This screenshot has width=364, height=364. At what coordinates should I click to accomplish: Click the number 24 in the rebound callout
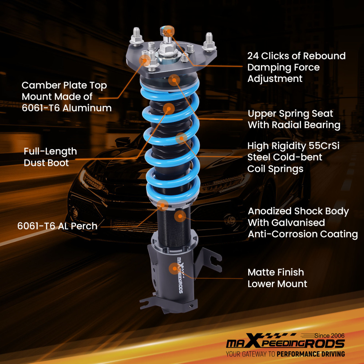[x=254, y=56]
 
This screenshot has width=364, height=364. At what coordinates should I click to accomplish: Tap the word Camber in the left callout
[x=38, y=86]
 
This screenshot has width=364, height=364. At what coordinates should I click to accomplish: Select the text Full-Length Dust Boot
[x=50, y=157]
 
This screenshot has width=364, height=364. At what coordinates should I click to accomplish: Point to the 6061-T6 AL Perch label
[x=57, y=226]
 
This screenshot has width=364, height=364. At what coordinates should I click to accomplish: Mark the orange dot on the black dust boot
[x=169, y=108]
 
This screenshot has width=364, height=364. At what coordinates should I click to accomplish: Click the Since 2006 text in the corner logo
[x=329, y=336]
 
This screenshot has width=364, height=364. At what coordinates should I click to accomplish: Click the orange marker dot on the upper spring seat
[x=174, y=80]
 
